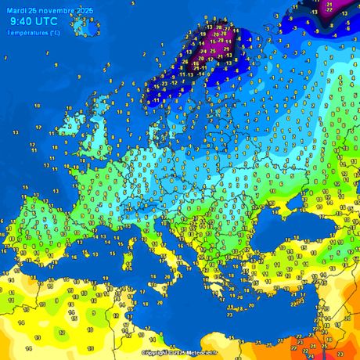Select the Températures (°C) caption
(34, 33)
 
